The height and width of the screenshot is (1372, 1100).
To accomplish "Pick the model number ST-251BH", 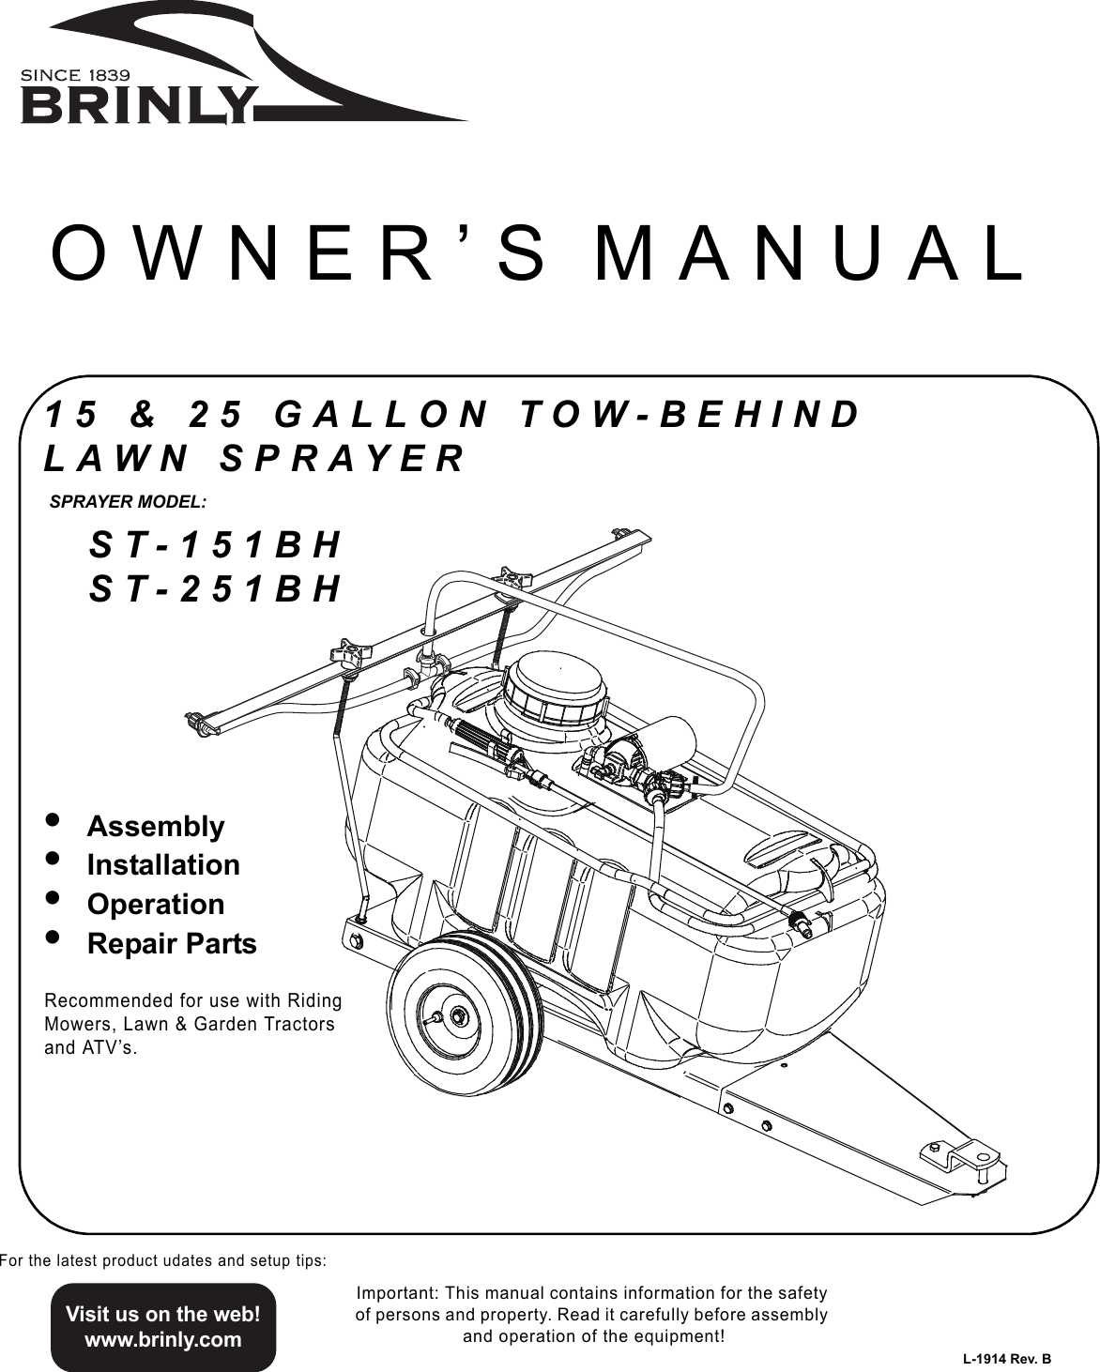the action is pos(215,588).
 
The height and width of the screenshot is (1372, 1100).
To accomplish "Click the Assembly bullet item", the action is pos(156,826).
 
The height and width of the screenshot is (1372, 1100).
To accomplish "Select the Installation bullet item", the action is pos(163,864).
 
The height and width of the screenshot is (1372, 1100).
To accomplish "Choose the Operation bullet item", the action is pos(156,904).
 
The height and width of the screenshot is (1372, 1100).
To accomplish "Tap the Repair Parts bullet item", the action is pos(172,943).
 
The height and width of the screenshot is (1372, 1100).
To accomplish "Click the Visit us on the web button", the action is pos(162,1325).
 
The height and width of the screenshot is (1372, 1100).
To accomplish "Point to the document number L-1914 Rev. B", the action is pos(1006,1359).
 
